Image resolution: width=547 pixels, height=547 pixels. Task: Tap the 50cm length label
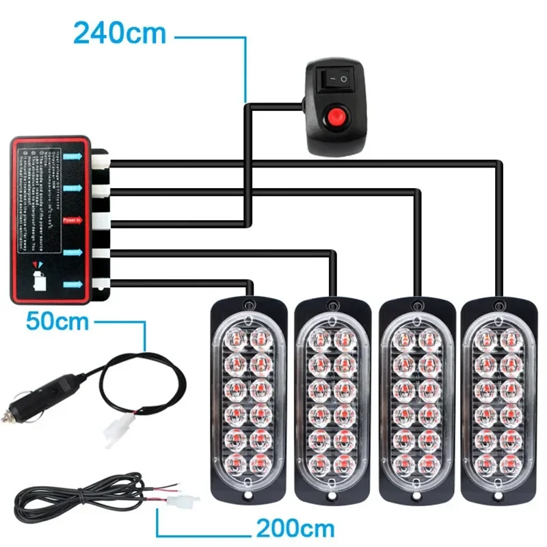[x=57, y=320]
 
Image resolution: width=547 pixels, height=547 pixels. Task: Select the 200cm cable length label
[x=295, y=528]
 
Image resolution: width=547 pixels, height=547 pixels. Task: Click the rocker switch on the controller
[x=335, y=80]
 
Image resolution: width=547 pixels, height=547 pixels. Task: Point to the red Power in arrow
[x=72, y=221]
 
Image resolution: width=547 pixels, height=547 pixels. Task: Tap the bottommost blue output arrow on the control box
[x=72, y=284]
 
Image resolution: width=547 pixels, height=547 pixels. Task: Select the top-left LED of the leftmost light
[x=232, y=336]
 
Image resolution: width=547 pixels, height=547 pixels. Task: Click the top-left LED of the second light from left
[x=317, y=337]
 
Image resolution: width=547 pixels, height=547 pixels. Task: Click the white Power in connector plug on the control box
[x=101, y=221]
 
